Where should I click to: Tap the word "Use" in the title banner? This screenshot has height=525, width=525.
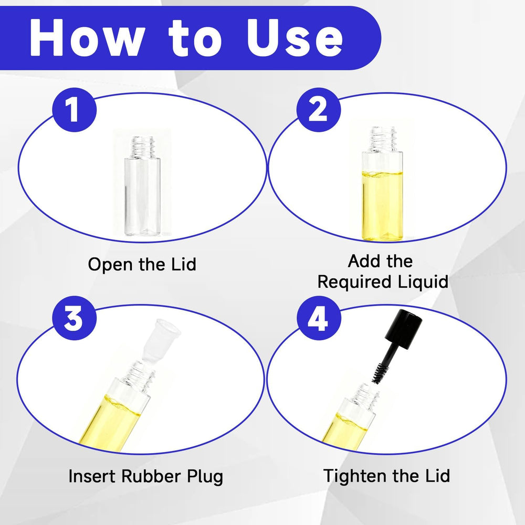pyautogui.click(x=295, y=37)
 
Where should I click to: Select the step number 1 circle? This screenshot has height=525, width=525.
pyautogui.click(x=75, y=110)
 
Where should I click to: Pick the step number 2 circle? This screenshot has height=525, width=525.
pyautogui.click(x=319, y=110)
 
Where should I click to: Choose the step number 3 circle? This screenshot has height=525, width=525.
pyautogui.click(x=75, y=318)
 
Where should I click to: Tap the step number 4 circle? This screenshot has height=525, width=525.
pyautogui.click(x=319, y=318)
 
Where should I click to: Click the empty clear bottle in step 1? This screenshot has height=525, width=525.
pyautogui.click(x=142, y=186)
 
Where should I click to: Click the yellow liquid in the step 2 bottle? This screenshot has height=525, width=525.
pyautogui.click(x=382, y=206)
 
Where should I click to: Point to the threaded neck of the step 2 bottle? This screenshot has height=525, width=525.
pyautogui.click(x=383, y=139)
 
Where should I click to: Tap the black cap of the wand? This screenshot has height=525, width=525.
pyautogui.click(x=403, y=329)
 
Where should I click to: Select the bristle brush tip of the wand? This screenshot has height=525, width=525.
pyautogui.click(x=381, y=373)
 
